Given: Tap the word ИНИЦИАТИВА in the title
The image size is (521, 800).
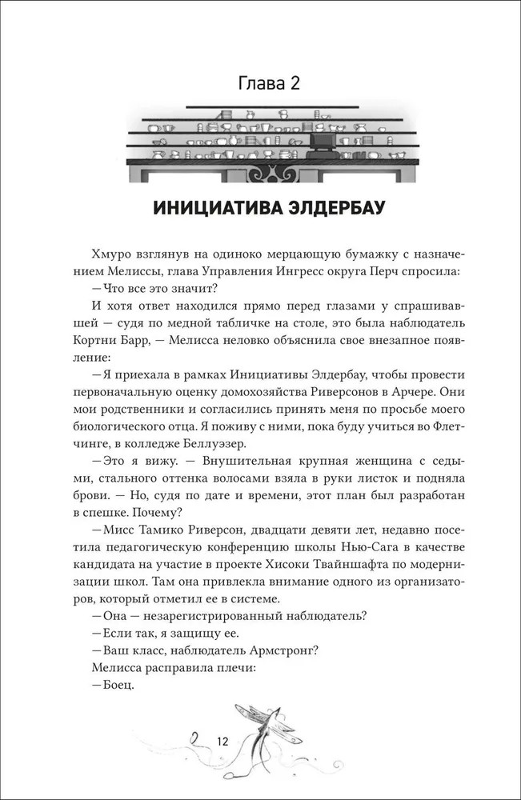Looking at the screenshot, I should (211, 210).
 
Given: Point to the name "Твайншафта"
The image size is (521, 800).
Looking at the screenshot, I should (334, 566).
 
